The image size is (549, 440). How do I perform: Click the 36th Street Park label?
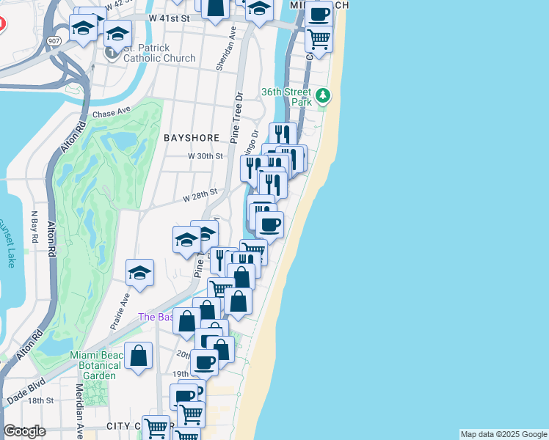pyautogui.click(x=286, y=98)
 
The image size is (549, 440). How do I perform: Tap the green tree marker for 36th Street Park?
pyautogui.click(x=322, y=95)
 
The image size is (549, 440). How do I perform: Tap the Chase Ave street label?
pyautogui.click(x=111, y=114)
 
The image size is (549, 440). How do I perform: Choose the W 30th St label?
pyautogui.click(x=205, y=156)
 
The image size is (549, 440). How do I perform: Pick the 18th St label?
pyautogui.click(x=41, y=400)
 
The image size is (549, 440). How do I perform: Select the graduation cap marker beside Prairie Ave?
pyautogui.click(x=139, y=273)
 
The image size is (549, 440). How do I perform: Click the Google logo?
pyautogui.click(x=24, y=431)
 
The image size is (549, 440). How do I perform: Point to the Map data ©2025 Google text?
pyautogui.click(x=503, y=434)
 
